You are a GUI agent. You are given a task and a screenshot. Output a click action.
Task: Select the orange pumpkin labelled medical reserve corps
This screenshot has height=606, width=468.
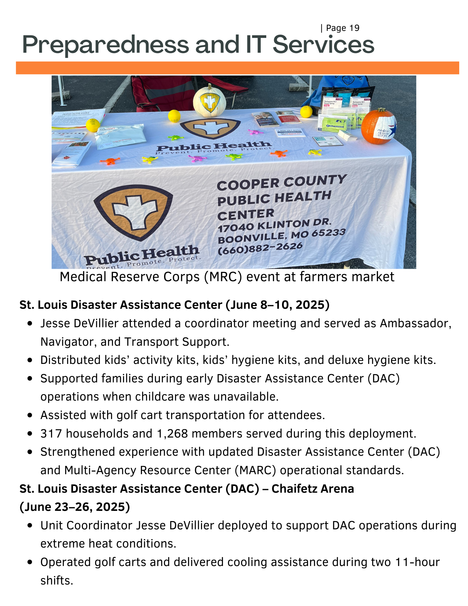379,126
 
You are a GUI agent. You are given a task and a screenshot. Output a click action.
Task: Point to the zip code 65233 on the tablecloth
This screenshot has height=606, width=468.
329,233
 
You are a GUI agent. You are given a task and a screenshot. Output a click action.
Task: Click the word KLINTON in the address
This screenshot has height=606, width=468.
284,225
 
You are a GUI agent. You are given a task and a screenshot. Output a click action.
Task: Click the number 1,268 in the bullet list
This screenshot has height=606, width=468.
172,434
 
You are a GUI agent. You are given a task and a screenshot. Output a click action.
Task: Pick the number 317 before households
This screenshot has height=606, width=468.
51,434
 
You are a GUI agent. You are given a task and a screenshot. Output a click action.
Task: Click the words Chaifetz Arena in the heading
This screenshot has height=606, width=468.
313,489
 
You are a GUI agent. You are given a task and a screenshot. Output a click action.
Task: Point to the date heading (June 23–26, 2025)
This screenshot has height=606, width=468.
75,507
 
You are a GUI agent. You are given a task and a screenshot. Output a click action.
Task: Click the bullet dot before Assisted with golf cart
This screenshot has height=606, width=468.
30,415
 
